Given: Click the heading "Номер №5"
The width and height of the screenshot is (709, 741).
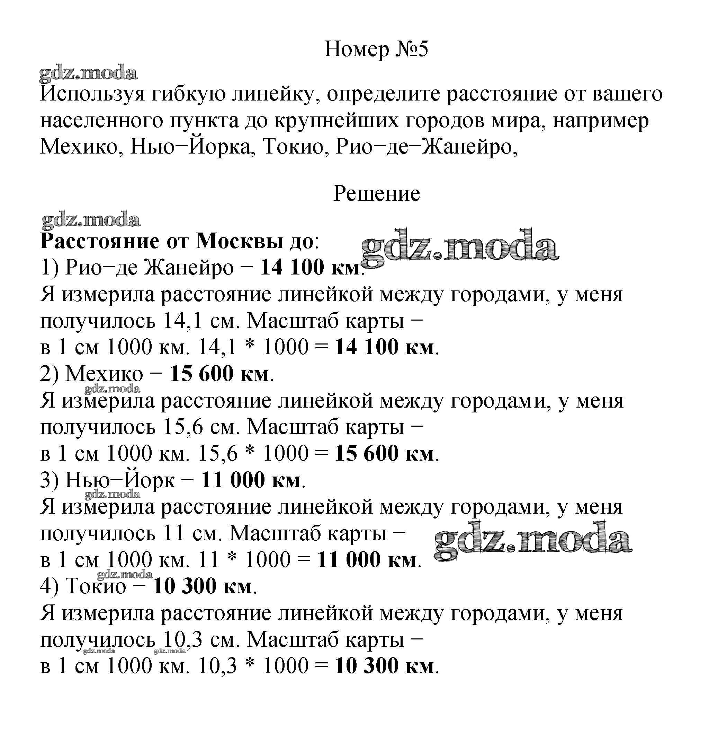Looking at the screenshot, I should click(376, 49).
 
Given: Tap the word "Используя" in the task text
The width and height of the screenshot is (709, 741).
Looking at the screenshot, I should click(92, 94).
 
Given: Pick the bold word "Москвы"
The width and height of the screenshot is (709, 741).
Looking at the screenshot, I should click(240, 241).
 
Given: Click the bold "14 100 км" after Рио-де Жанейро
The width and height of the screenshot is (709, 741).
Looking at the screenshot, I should click(310, 267).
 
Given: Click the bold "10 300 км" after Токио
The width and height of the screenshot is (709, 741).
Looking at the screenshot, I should click(202, 586).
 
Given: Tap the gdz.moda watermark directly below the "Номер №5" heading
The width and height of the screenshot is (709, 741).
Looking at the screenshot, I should click(88, 73).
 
